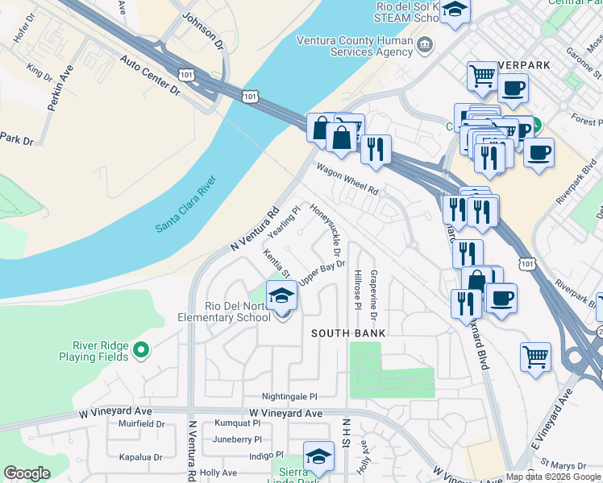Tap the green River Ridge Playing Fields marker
[x=141, y=350]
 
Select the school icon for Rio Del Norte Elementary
[x=281, y=295]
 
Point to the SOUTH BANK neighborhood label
[x=348, y=333]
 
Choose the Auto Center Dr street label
[x=151, y=76]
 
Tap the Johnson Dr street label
[x=201, y=27]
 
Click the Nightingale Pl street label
[x=289, y=397]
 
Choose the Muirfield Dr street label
[x=141, y=423]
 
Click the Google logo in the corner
[x=27, y=473]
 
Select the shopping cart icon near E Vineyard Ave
[x=536, y=357]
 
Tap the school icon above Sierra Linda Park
[x=318, y=456]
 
